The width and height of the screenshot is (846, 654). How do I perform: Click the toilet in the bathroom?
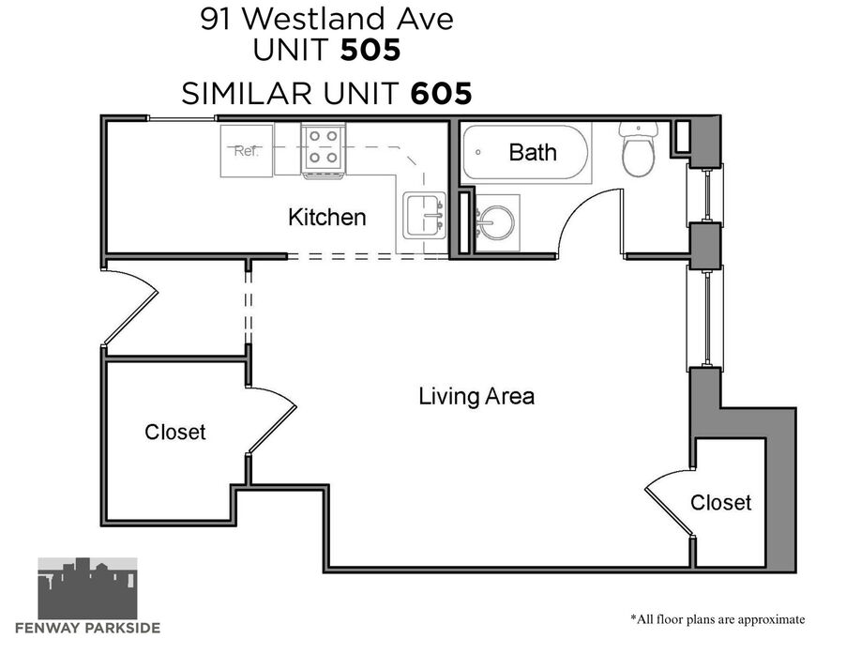click(639, 148)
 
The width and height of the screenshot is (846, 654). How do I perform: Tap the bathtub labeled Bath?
click(526, 153)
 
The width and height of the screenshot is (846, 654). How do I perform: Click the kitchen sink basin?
click(425, 216)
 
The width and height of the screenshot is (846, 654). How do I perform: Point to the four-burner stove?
click(324, 150)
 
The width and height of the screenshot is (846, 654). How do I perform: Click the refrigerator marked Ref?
click(247, 150)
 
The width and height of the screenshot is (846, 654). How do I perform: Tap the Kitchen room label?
click(327, 218)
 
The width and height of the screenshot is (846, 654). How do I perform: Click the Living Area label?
click(476, 397)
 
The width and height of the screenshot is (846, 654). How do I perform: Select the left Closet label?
click(174, 432)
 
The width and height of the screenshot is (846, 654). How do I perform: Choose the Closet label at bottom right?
click(721, 502)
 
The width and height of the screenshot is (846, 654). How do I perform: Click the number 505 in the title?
click(370, 50)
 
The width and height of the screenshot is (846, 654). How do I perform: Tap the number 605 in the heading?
click(442, 93)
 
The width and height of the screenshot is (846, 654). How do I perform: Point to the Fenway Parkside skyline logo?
click(87, 587)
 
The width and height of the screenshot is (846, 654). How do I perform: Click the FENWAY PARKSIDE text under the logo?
click(87, 628)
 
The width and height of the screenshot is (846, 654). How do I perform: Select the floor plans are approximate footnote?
click(718, 619)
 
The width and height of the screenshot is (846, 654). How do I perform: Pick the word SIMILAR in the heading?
click(247, 93)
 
